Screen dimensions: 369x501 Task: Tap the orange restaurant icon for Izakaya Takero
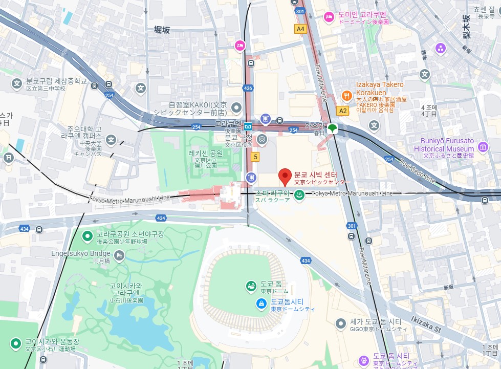(x=346, y=95)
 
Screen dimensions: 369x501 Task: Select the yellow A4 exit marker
(x=300, y=29)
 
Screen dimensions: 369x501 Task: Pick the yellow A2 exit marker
(x=342, y=111)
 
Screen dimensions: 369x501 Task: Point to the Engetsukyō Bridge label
(x=81, y=253)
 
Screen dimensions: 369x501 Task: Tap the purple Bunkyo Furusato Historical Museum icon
(x=483, y=148)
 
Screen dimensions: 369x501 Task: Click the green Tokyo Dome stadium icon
(x=251, y=286)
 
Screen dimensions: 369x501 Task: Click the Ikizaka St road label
(x=425, y=324)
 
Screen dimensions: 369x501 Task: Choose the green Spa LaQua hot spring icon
(x=299, y=194)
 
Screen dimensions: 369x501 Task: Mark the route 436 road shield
(x=248, y=88)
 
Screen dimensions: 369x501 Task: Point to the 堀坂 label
(x=162, y=30)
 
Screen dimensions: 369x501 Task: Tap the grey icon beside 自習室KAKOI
(x=236, y=107)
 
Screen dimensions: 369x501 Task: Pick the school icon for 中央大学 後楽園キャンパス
(x=111, y=139)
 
